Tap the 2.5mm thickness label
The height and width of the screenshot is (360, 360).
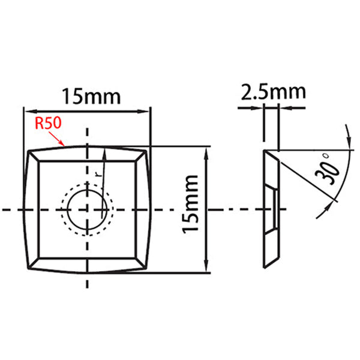[x=274, y=92]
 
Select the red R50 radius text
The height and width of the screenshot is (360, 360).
[x=47, y=124]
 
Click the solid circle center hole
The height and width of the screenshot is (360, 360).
[x=88, y=209]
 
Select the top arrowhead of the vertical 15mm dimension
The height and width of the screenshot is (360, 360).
[x=208, y=150]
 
